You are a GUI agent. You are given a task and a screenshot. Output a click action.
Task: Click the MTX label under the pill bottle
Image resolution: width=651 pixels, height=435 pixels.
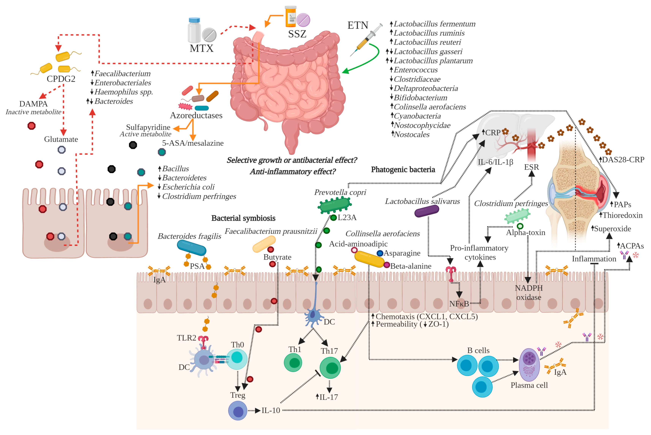point(202,49)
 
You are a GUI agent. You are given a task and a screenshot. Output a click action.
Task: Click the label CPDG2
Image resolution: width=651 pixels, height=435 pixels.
point(61,79)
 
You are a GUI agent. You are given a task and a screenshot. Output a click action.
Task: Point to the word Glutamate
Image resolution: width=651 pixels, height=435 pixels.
point(61,139)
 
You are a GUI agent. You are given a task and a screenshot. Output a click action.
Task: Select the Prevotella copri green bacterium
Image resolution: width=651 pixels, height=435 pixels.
point(334,205)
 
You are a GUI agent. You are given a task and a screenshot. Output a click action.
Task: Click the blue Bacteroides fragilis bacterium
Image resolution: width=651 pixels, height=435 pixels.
point(191,247)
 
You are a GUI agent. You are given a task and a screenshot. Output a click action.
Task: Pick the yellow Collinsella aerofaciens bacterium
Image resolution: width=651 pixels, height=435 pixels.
point(369,259)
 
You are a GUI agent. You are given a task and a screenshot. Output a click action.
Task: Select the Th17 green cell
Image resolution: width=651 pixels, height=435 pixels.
point(330,368)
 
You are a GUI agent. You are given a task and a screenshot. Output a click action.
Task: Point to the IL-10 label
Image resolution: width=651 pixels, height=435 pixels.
point(271,411)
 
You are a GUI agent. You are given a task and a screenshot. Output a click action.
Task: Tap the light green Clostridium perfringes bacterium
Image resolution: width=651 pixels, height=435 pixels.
point(517,216)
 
